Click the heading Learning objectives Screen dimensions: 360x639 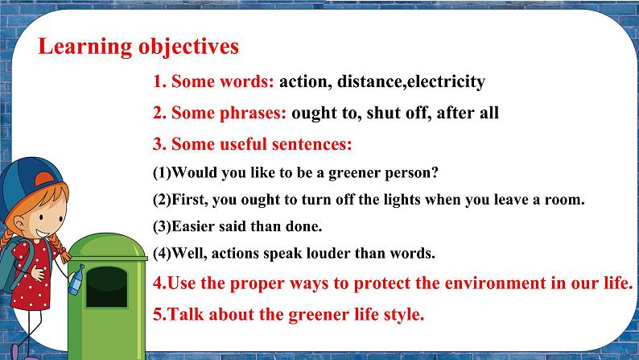(x=138, y=46)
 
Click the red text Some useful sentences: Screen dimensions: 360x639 (x=252, y=145)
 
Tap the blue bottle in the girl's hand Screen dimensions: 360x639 (x=76, y=279)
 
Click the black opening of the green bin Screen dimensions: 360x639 (x=107, y=279)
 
